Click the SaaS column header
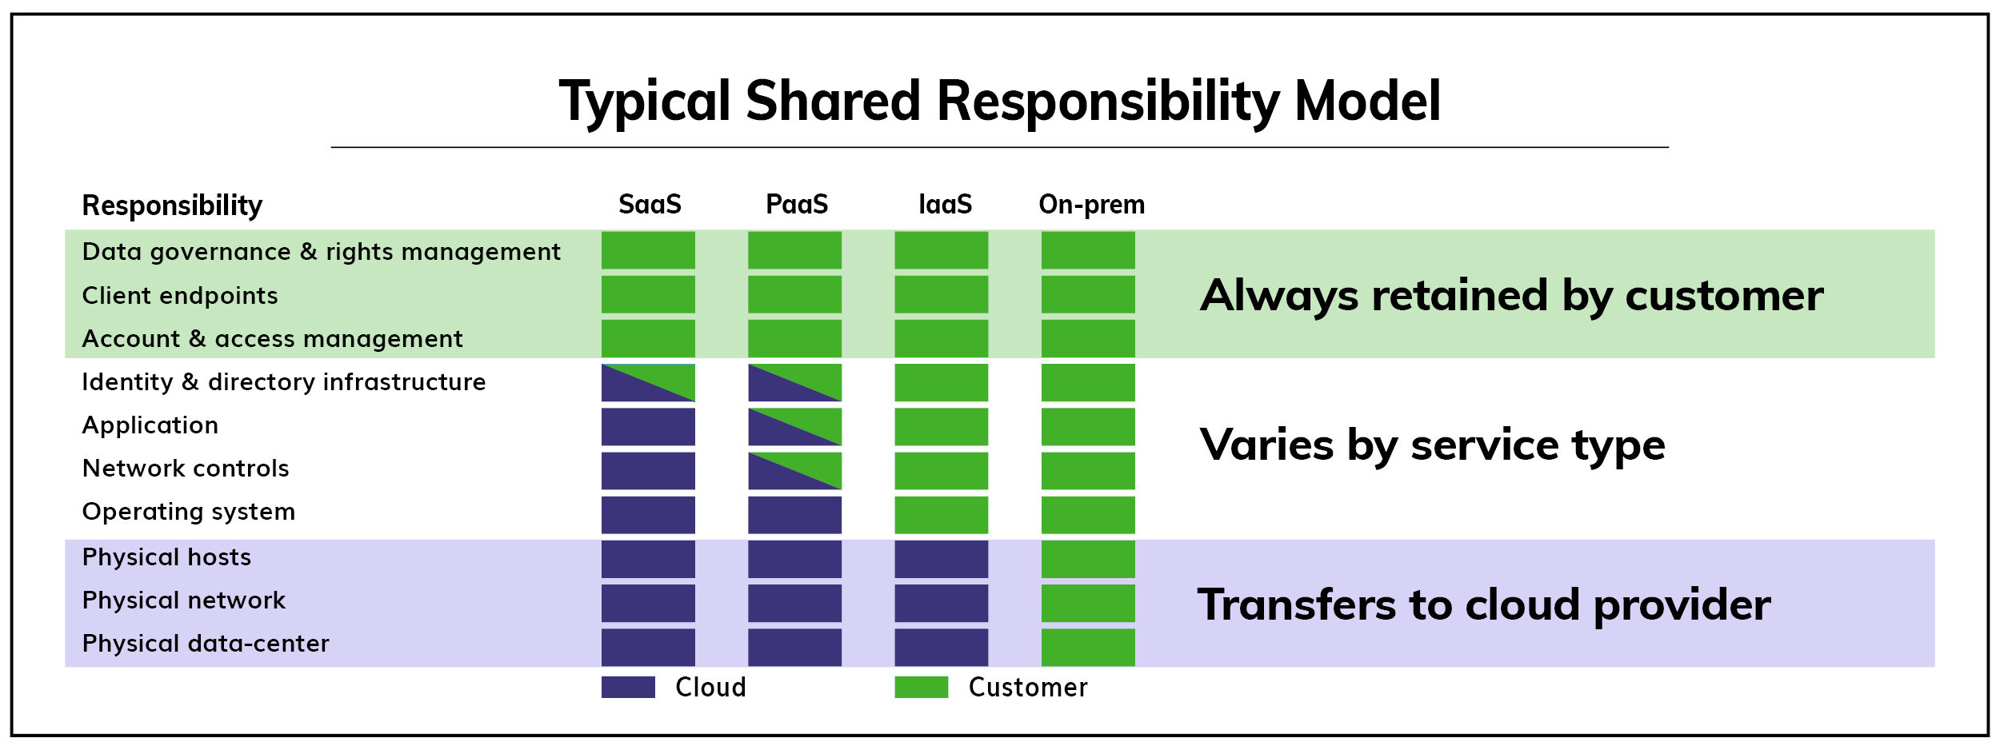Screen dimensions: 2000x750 click(x=650, y=205)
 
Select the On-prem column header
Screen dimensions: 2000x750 click(x=1091, y=205)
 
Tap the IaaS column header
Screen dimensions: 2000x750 click(x=945, y=205)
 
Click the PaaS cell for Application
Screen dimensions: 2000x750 click(x=794, y=426)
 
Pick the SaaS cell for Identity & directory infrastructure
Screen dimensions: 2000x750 click(x=648, y=382)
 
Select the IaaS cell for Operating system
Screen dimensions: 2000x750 click(x=941, y=515)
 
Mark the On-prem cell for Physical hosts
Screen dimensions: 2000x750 click(x=1088, y=559)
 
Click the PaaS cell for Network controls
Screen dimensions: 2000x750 click(x=794, y=470)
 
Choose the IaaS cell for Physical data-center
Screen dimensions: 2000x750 click(x=941, y=647)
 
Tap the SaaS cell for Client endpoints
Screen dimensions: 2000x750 click(x=648, y=294)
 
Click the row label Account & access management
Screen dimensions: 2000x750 click(x=272, y=339)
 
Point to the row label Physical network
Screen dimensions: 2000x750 click(x=183, y=600)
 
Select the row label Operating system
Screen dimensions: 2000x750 click(x=189, y=512)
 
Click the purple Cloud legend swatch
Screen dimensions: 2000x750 click(x=628, y=687)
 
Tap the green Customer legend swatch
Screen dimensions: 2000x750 click(x=921, y=687)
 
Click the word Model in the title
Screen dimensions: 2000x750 click(x=1367, y=102)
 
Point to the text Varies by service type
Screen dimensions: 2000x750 click(x=1432, y=445)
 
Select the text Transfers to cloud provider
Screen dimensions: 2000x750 click(x=1484, y=605)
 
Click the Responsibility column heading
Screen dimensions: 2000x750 click(x=172, y=205)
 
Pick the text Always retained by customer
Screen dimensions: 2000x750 click(x=1511, y=296)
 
